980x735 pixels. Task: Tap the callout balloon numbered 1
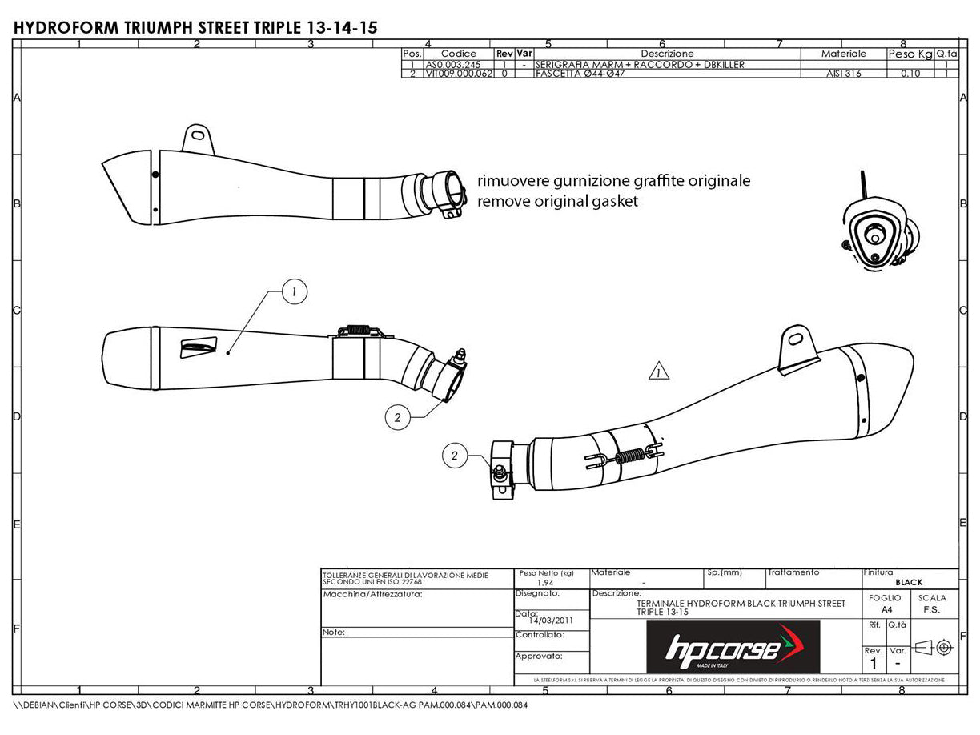click(x=294, y=294)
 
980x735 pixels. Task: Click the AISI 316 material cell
click(x=844, y=74)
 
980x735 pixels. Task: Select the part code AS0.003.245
click(x=453, y=64)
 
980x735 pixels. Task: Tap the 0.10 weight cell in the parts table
click(x=910, y=74)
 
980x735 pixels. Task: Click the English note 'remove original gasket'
click(x=557, y=202)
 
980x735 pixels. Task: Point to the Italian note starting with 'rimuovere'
click(x=613, y=181)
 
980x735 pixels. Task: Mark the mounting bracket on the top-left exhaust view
click(x=199, y=137)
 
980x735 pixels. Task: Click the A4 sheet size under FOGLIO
click(x=884, y=609)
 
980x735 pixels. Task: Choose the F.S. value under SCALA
click(x=932, y=609)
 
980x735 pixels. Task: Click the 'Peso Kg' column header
click(x=910, y=54)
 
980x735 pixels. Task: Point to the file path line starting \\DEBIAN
click(x=272, y=706)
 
